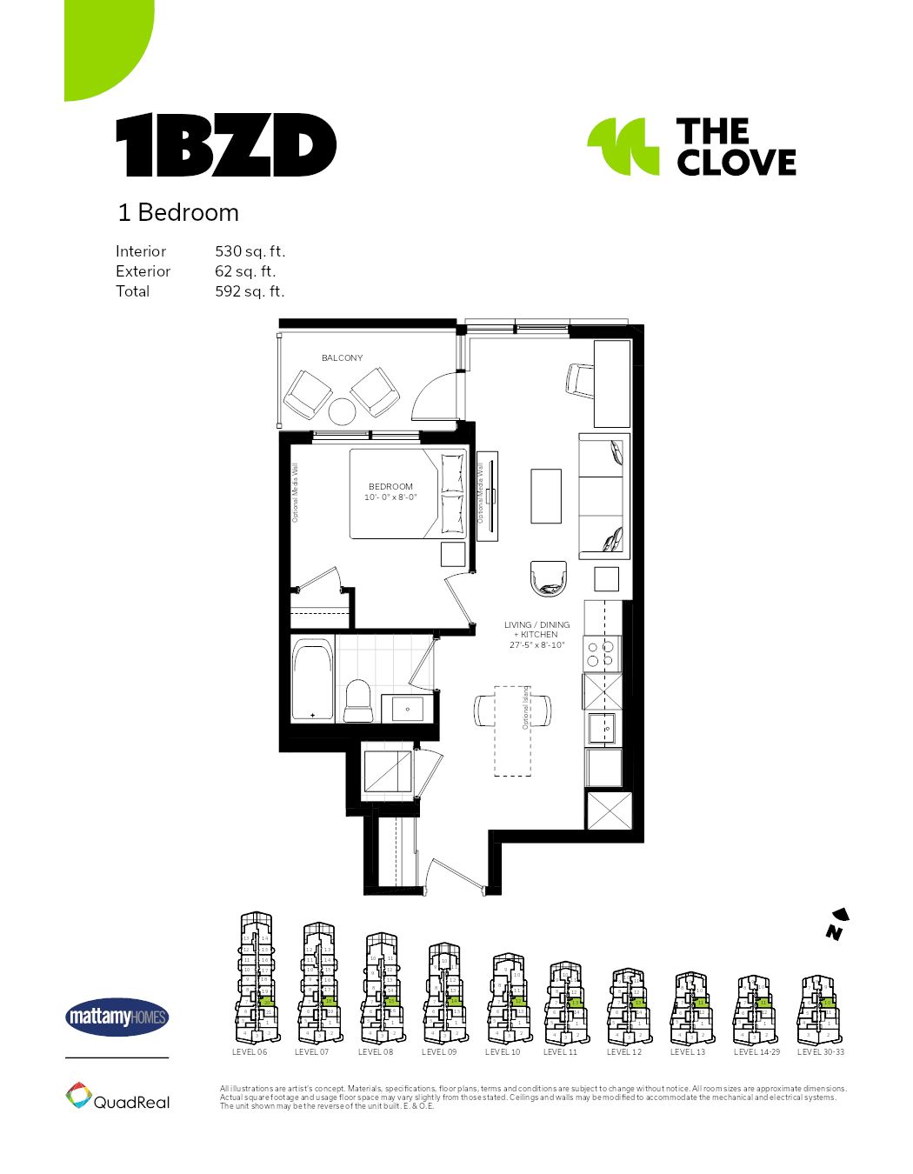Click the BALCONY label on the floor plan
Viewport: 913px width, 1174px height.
pos(342,357)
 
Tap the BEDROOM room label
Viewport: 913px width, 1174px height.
pos(390,486)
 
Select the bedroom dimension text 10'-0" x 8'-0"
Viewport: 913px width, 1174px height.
pos(390,497)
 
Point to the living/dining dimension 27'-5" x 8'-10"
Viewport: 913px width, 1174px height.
pos(536,645)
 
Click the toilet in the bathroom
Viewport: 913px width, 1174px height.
pos(357,700)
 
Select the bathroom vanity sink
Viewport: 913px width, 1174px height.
pos(408,709)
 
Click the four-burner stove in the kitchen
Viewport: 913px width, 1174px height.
pos(601,653)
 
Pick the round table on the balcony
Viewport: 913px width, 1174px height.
pos(343,411)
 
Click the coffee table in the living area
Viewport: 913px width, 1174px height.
pos(546,496)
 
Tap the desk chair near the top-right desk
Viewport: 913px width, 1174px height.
pos(580,380)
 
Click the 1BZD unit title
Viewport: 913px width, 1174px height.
pos(226,145)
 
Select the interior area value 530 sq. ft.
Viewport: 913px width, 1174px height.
pos(250,251)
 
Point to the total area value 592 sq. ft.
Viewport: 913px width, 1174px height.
pos(250,291)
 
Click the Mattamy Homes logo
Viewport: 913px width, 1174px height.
pos(117,1017)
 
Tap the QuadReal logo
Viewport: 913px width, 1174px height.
pos(117,1097)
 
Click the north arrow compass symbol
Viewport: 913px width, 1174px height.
pos(836,924)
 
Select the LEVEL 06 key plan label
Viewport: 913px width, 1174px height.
pos(250,1052)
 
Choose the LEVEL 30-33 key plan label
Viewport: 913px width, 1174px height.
pos(820,1052)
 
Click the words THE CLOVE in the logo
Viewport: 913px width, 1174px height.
pos(736,147)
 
